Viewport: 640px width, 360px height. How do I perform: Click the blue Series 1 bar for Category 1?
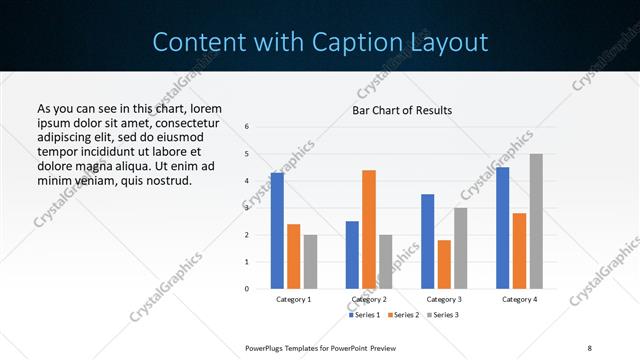[277, 231]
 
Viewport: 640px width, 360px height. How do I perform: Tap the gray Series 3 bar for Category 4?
[536, 221]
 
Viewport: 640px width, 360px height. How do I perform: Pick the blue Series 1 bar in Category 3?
[428, 241]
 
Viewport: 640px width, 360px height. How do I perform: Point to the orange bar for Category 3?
[444, 264]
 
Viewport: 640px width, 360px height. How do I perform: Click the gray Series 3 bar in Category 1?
[310, 261]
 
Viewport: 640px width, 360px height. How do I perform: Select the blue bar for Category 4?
[503, 228]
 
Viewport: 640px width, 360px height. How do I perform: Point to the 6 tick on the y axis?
[247, 127]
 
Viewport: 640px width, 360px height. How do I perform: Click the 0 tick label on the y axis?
[247, 289]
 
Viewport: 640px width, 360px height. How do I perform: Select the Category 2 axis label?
[369, 299]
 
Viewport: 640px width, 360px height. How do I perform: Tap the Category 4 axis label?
[519, 299]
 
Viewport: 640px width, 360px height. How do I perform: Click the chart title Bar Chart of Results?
[402, 110]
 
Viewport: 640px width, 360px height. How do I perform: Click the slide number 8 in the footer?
[589, 347]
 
